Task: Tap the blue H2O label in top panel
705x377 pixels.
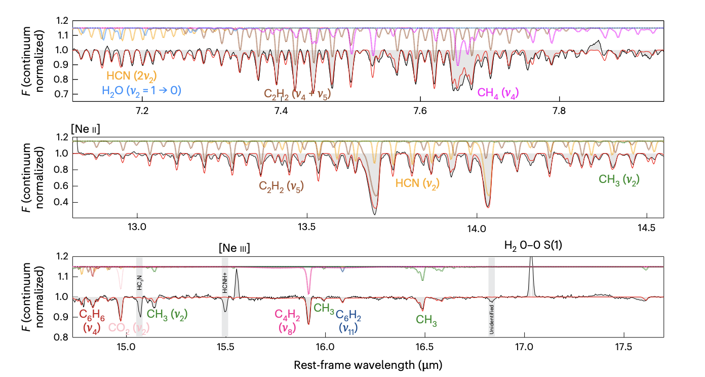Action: (x=142, y=91)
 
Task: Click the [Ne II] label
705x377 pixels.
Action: (x=86, y=131)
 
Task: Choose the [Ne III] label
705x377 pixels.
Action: (x=235, y=249)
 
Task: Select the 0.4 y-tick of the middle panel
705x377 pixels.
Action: (x=63, y=202)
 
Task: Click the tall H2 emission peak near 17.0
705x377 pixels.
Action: (x=531, y=263)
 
